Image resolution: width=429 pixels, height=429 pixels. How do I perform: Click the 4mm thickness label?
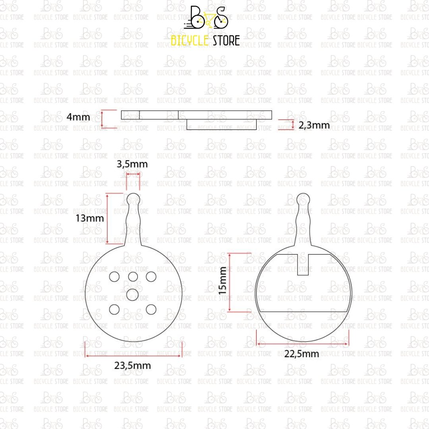(x=78, y=117)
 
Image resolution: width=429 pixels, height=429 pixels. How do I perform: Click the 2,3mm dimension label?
(x=314, y=125)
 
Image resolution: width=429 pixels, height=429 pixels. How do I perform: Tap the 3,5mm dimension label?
(x=132, y=164)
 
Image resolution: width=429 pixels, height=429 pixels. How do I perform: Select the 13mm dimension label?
(x=90, y=218)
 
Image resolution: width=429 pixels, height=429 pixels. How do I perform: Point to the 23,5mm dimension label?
(x=132, y=365)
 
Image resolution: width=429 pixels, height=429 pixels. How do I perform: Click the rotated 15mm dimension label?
(x=222, y=281)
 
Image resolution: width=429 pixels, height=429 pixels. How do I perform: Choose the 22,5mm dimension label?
(x=301, y=354)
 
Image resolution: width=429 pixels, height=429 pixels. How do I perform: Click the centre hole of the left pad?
(x=132, y=295)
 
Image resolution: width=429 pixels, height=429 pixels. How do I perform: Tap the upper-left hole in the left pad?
(x=114, y=276)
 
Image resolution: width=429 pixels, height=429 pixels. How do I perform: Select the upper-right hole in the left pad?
(x=151, y=276)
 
